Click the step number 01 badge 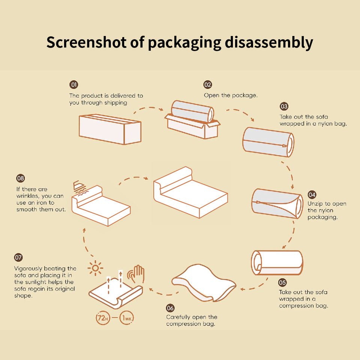coord(74,84)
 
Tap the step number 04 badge coord(312,195)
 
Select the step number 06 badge coord(170,308)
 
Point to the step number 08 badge coord(21,178)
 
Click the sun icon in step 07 coord(96,268)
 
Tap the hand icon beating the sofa coord(137,275)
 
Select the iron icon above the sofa coord(79,186)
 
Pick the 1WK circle coord(126,318)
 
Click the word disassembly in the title coord(269,43)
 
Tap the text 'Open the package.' coord(231,95)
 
